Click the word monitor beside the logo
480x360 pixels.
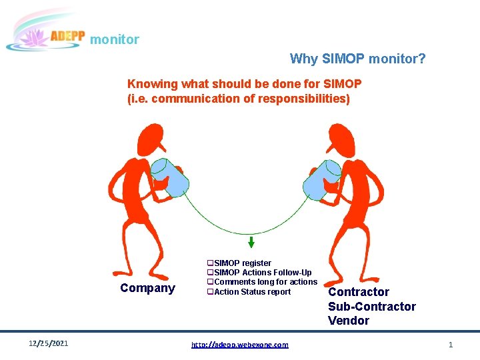click(115, 40)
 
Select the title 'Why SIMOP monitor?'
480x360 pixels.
click(357, 59)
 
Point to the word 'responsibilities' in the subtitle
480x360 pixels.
click(307, 99)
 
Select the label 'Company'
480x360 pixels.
click(147, 288)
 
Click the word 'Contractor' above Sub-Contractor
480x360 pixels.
click(359, 292)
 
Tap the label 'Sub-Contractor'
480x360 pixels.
click(371, 307)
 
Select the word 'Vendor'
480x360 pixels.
click(348, 321)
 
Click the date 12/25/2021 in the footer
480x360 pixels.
click(48, 344)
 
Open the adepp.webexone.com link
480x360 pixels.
click(240, 345)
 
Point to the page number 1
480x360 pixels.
click(451, 345)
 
